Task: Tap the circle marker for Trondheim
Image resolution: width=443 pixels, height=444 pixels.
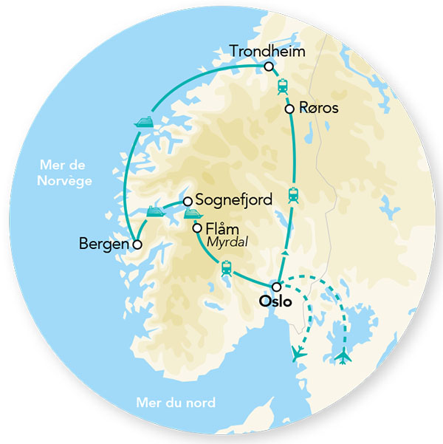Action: (x=269, y=66)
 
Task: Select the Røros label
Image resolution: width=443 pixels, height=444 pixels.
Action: (x=319, y=108)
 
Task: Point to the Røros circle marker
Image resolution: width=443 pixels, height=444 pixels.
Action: (x=289, y=108)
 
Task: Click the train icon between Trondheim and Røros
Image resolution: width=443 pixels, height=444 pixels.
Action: (x=282, y=87)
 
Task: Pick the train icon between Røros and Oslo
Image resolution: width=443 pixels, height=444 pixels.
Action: (x=294, y=196)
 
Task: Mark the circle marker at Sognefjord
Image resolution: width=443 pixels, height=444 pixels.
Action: (x=188, y=200)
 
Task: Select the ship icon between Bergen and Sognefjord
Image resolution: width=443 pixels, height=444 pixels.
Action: (x=155, y=212)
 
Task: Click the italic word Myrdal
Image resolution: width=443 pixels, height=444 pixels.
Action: (x=225, y=242)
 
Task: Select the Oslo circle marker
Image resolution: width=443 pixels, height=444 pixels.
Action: (x=276, y=287)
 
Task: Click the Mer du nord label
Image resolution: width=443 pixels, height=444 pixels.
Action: (x=176, y=403)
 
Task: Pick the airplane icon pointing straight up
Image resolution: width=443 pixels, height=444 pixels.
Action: (x=344, y=356)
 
